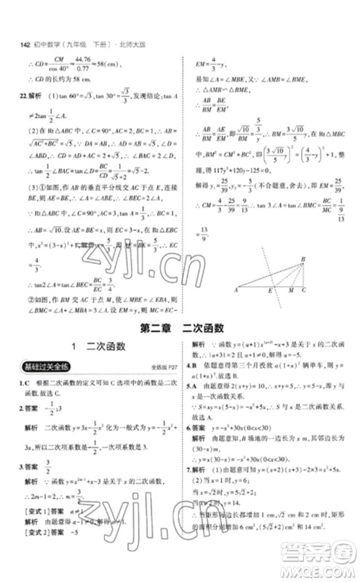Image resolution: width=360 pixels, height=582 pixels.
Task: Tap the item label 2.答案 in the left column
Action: (x=28, y=410)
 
